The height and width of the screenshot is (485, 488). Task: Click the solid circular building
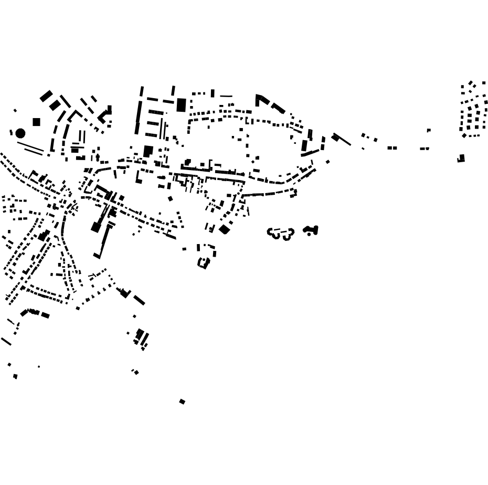pos(20,133)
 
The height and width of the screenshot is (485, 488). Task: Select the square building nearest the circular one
pos(36,122)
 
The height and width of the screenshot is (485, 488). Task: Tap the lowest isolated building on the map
pos(182,402)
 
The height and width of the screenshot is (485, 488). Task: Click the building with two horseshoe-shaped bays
pos(281,233)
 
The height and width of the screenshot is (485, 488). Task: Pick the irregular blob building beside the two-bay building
pos(311,229)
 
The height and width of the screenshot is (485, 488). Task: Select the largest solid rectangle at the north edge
pos(181,105)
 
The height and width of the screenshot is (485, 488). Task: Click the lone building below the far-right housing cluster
pos(461,158)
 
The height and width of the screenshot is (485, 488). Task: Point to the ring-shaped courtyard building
pos(204,262)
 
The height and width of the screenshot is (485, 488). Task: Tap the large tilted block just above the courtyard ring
pos(224,229)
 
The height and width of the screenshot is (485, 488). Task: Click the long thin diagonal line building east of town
pos(342,139)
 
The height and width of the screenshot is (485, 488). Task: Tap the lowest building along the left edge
pos(15,376)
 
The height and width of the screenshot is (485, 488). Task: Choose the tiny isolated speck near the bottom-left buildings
pos(39,366)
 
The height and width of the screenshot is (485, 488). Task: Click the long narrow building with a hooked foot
pos(104,241)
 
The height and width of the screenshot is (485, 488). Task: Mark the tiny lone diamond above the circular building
pos(15,110)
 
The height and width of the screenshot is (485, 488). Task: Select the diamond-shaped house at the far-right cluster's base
pos(464,135)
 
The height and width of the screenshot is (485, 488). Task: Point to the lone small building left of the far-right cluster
pos(429,130)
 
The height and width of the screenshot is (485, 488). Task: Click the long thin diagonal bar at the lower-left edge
pos(6,341)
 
